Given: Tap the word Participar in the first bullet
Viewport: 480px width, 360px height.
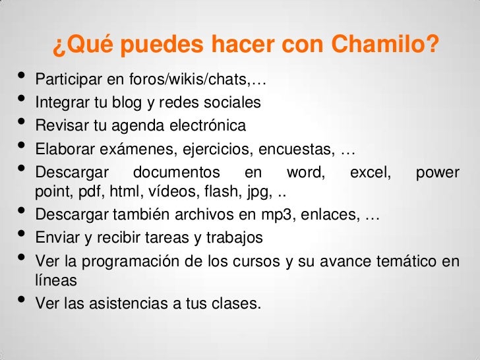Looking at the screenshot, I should pyautogui.click(x=63, y=81).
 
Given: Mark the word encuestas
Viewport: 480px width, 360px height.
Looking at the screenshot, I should pyautogui.click(x=302, y=149).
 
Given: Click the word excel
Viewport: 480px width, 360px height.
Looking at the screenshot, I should pyautogui.click(x=369, y=172).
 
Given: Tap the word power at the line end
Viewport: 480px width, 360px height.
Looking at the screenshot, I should pyautogui.click(x=437, y=172).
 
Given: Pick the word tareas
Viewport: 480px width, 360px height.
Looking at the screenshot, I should pyautogui.click(x=171, y=237).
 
